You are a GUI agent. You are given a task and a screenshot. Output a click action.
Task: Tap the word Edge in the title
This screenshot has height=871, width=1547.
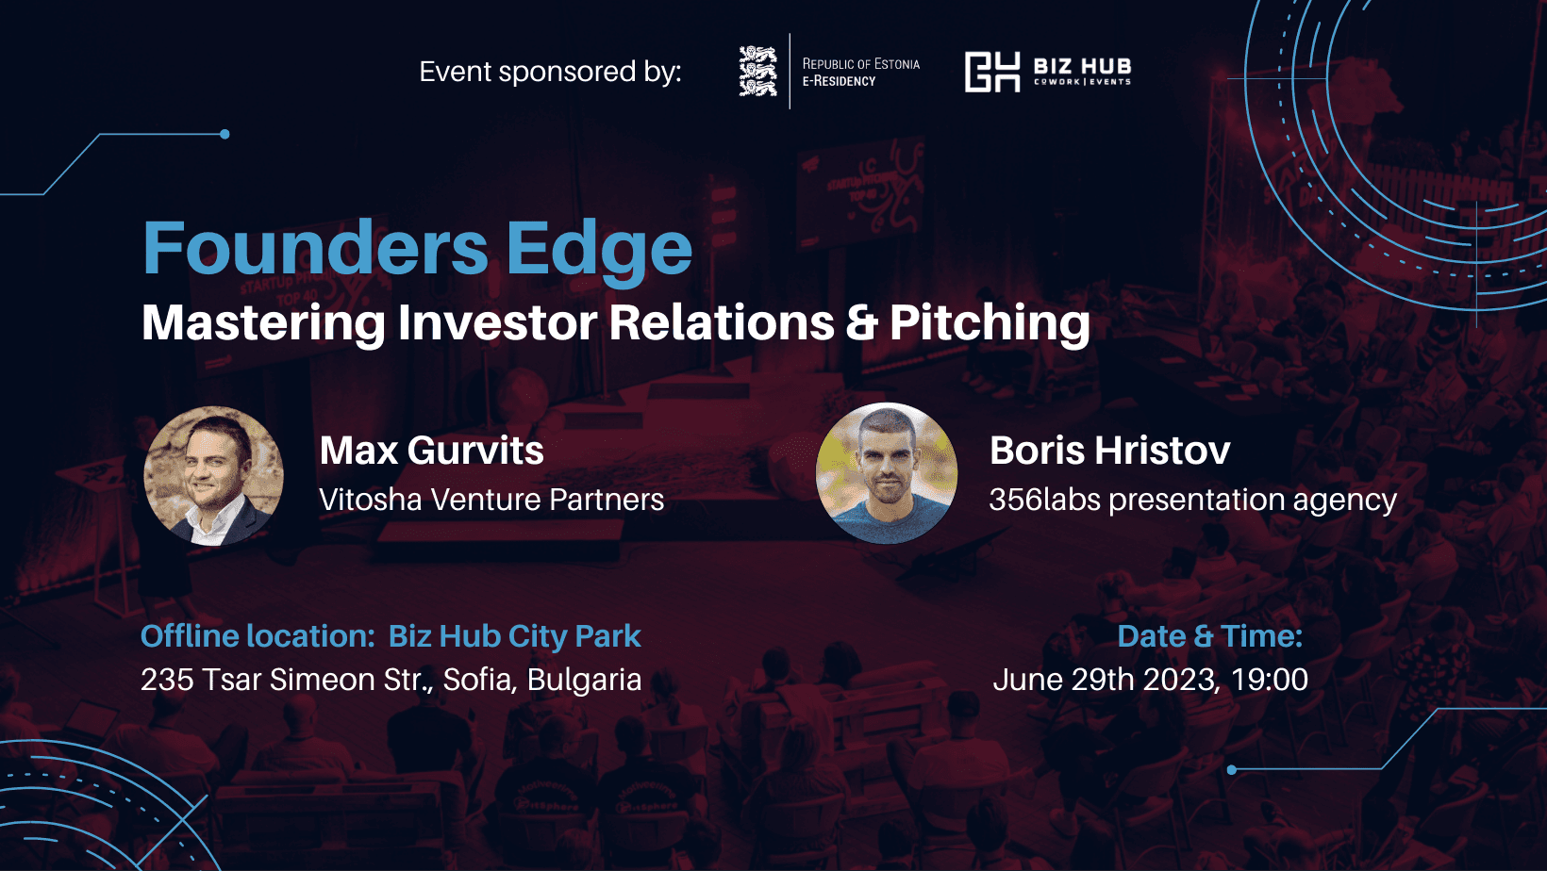tap(600, 252)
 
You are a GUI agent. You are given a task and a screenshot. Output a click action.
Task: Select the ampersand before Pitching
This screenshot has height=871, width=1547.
tap(861, 322)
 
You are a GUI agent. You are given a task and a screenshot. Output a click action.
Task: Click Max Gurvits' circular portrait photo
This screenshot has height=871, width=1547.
tap(213, 475)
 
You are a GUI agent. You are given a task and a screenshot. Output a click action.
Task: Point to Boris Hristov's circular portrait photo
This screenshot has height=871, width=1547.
tap(887, 473)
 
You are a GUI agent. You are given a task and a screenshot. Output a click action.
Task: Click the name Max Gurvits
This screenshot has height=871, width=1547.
tap(432, 450)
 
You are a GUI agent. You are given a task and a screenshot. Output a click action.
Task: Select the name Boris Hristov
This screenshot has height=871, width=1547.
tap(1110, 450)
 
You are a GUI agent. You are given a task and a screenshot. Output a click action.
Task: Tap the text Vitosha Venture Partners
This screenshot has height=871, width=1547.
tap(491, 499)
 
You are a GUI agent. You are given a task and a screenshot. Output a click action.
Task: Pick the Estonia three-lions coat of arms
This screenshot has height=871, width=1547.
tap(757, 71)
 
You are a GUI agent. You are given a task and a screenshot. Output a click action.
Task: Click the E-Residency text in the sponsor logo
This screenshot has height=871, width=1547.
tap(839, 81)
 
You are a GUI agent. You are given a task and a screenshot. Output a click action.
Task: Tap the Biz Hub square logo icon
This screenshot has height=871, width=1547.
tap(992, 72)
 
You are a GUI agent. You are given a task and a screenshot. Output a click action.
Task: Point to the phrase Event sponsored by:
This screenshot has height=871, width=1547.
tap(551, 72)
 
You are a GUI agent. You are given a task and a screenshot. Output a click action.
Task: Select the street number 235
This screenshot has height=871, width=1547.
tap(167, 679)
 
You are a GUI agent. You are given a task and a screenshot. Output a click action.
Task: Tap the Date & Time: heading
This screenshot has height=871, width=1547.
tap(1210, 635)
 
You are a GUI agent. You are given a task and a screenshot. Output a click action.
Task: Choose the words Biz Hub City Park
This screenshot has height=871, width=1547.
tap(514, 636)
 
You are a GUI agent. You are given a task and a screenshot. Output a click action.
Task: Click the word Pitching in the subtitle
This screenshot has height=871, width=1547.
tap(990, 323)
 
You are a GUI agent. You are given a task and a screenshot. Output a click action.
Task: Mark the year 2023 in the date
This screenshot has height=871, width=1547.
tap(1179, 680)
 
